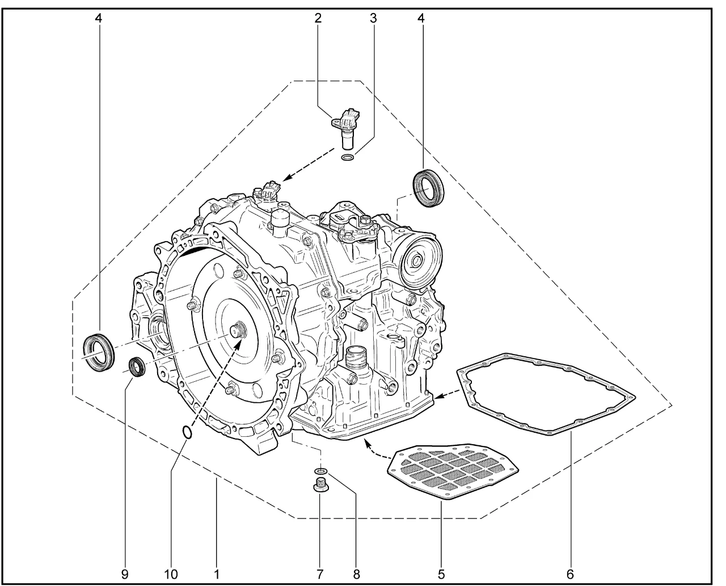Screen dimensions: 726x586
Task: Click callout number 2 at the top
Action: click(318, 18)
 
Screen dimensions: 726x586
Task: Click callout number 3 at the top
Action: click(373, 18)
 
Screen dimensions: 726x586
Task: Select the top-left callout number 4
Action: click(98, 18)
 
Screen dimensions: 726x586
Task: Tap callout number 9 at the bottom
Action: click(125, 575)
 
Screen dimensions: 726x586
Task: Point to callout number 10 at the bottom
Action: click(171, 575)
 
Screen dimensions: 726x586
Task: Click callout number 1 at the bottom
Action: click(217, 575)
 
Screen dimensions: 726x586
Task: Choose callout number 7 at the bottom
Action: click(320, 575)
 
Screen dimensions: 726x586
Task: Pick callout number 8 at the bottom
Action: click(357, 575)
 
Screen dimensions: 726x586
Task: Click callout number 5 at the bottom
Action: click(441, 575)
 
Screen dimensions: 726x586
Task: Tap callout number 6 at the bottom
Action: click(570, 575)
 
